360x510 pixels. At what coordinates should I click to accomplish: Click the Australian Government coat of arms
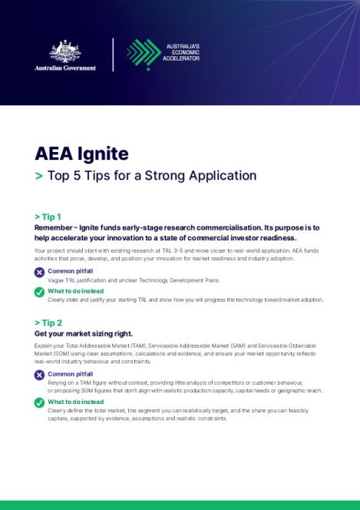point(64,51)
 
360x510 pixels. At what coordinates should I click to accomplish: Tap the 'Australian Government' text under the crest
point(65,68)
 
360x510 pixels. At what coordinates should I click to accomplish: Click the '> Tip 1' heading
point(48,217)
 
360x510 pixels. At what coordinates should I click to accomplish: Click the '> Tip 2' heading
point(48,323)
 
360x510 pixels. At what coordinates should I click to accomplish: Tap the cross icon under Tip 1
point(40,272)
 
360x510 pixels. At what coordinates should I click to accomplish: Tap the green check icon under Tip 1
point(40,292)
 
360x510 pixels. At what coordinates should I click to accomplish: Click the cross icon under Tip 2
point(40,375)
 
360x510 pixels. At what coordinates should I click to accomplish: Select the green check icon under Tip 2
point(40,402)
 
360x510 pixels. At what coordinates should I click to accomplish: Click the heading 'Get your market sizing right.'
point(84,334)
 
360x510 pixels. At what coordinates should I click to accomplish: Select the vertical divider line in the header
point(113,55)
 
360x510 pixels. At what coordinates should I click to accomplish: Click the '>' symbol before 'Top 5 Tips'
point(39,175)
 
